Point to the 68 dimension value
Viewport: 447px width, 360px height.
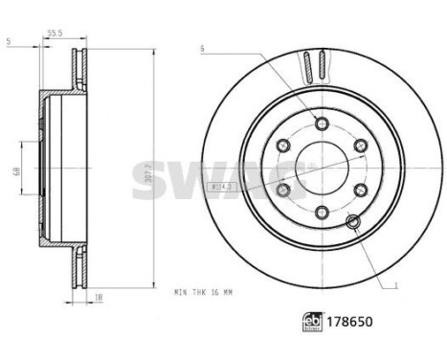pos(14,171)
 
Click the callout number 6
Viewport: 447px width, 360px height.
pos(203,48)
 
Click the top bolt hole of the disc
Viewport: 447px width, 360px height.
pos(322,123)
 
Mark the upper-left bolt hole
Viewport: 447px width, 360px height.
pos(283,146)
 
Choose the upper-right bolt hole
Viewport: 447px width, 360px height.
pos(360,146)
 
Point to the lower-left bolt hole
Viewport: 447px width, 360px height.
pos(283,190)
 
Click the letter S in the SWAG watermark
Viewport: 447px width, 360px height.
pos(150,182)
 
